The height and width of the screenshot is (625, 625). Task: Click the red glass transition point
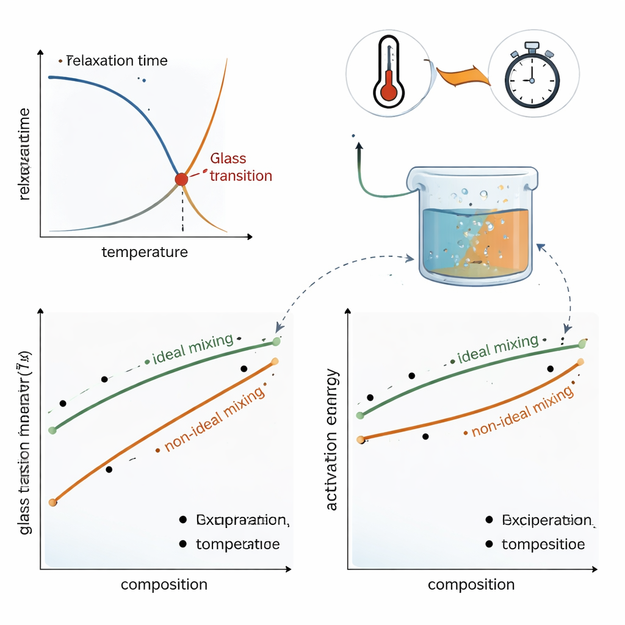[181, 179]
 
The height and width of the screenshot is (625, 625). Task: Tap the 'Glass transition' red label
[240, 167]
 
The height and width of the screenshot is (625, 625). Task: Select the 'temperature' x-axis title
[145, 251]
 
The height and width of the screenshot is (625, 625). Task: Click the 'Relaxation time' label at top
[117, 60]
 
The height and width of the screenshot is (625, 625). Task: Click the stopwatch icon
[532, 76]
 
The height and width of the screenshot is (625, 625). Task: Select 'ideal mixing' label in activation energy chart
[497, 349]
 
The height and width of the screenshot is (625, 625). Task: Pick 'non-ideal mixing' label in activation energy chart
[522, 418]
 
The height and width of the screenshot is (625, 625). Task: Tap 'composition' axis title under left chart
[164, 584]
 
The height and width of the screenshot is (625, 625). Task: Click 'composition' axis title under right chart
[471, 585]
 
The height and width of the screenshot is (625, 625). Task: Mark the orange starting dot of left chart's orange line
[52, 502]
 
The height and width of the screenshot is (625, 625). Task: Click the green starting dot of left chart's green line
[52, 430]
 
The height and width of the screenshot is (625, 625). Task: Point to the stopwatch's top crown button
[532, 46]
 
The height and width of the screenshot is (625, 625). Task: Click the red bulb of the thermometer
[388, 92]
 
